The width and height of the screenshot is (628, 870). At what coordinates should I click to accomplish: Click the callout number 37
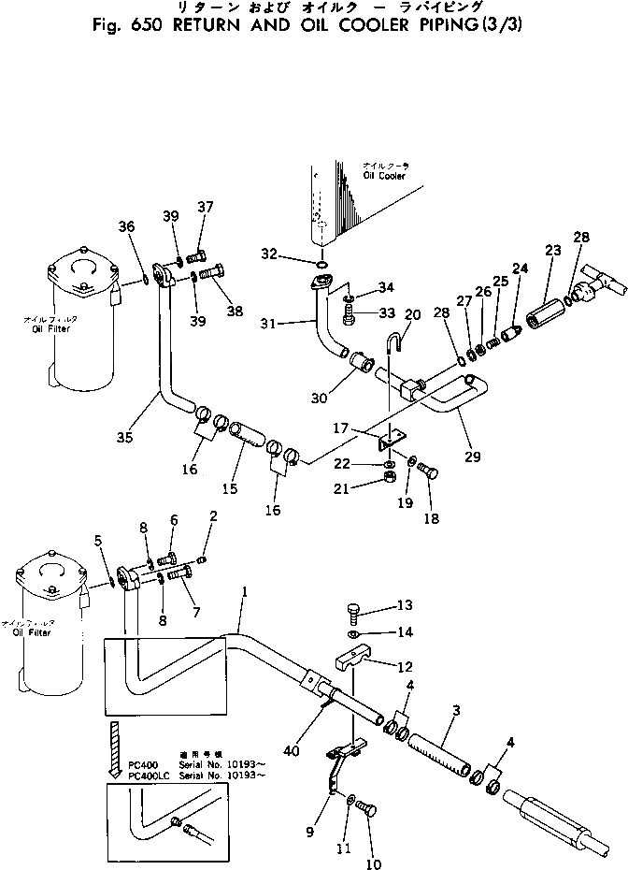(x=205, y=207)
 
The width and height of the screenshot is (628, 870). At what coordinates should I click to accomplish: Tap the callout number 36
(x=127, y=225)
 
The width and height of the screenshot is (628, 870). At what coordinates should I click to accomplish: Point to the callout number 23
(x=553, y=250)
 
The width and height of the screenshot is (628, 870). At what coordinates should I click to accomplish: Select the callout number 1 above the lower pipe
(x=244, y=592)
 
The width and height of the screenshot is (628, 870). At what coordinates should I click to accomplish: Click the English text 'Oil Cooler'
(x=382, y=174)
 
